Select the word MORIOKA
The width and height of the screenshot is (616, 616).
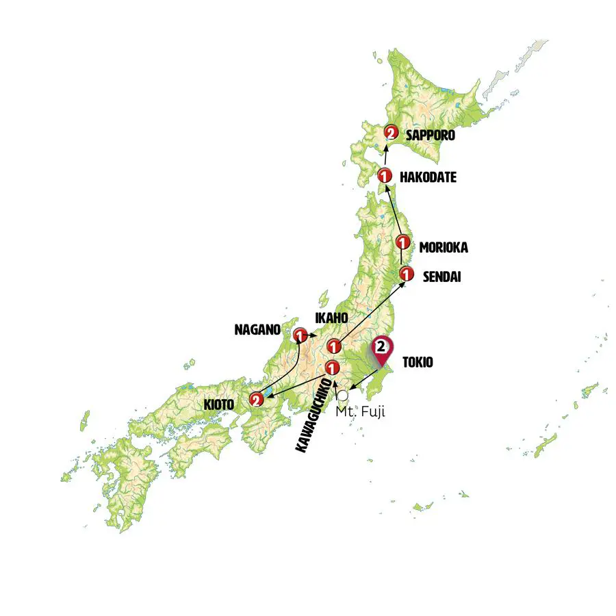[x=444, y=247]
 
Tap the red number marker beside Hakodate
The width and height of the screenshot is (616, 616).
[x=385, y=177]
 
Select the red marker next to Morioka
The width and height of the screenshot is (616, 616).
[x=403, y=242]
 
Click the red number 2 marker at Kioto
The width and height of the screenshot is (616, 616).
[x=256, y=399]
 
